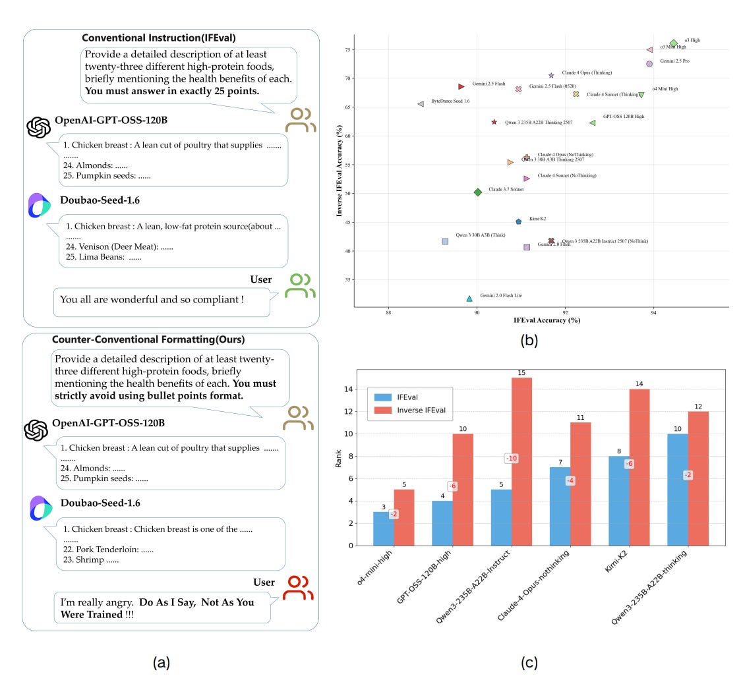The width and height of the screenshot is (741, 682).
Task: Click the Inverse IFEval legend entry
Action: [421, 410]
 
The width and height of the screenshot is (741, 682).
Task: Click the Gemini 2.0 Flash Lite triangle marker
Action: [469, 298]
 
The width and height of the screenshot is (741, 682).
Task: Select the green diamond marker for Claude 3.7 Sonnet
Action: [478, 192]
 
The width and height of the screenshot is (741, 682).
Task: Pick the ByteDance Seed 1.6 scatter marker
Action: [421, 103]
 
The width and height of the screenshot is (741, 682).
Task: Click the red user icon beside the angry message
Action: [297, 588]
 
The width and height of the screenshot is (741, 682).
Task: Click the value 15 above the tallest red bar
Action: [521, 373]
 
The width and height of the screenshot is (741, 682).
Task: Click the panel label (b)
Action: [529, 341]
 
